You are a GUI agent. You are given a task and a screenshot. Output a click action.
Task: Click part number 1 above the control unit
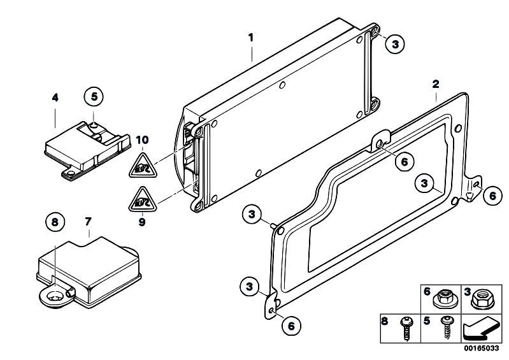[251, 38]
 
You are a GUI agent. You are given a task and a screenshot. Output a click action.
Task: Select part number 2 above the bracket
[436, 84]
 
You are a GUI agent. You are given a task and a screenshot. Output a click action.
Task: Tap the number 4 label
[55, 97]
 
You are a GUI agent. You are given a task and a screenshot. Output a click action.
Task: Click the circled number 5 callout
[94, 97]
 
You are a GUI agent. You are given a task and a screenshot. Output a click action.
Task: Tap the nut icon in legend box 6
[444, 298]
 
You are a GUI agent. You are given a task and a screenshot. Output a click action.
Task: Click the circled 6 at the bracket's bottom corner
[290, 325]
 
